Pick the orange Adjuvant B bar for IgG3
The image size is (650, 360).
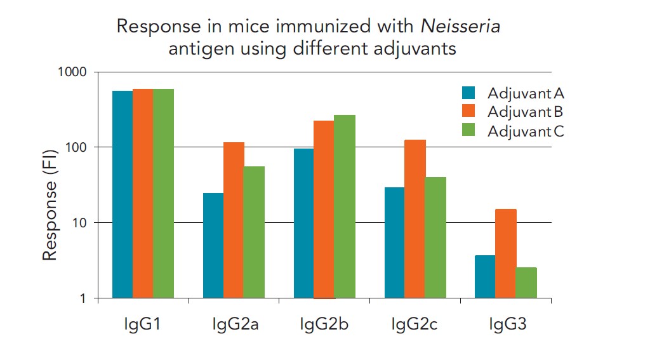506,253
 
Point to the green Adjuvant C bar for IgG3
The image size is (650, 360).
526,283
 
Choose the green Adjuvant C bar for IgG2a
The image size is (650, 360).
254,232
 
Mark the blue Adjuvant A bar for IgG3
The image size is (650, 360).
485,276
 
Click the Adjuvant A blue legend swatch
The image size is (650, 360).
469,93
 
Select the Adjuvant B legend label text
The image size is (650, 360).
526,112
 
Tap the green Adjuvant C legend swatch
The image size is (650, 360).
469,131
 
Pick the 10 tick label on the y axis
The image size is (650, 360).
81,223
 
